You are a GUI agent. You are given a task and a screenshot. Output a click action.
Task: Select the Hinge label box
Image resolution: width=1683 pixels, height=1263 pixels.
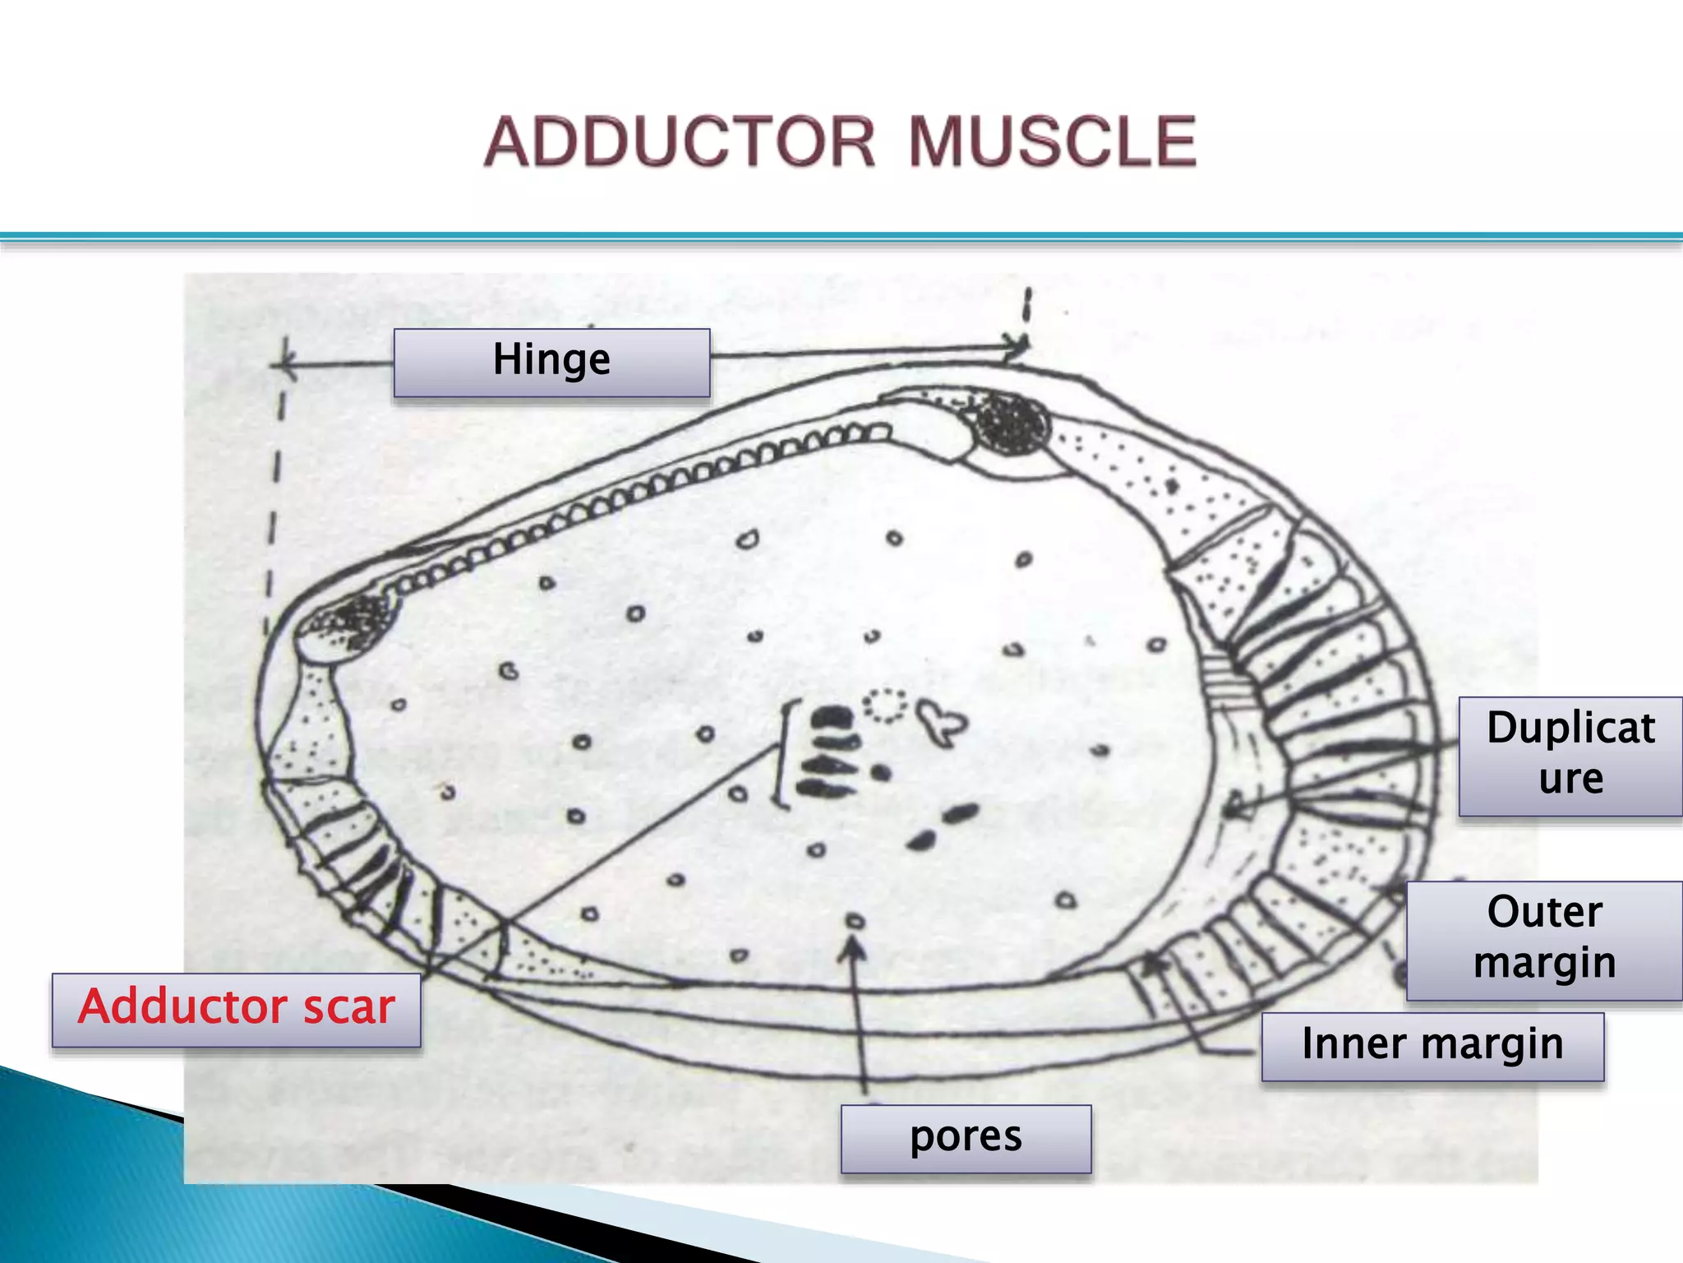[551, 363]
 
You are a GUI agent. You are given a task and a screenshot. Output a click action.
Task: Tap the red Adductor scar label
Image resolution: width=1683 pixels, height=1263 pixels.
[237, 1010]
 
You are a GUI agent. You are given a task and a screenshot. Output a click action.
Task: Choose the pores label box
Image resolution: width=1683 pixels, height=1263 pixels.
[966, 1138]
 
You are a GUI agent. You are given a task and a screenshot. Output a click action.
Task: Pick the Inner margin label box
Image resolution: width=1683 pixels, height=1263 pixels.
[1432, 1046]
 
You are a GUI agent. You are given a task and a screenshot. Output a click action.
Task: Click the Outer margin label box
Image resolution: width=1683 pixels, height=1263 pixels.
[1544, 940]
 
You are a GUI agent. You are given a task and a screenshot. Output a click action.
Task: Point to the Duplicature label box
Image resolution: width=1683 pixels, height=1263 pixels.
[1570, 756]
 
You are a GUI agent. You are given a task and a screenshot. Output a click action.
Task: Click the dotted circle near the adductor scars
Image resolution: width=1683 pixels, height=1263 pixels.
[884, 706]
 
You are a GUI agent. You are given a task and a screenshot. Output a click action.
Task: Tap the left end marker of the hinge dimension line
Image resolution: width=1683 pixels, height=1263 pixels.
[284, 363]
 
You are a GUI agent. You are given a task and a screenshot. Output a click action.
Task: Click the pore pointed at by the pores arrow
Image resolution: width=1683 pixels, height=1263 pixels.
[855, 922]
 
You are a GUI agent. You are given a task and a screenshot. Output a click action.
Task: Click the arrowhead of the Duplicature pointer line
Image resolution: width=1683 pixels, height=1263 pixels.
[1233, 806]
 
